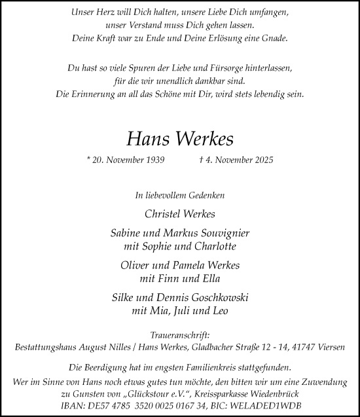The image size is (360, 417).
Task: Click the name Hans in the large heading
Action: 149,139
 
